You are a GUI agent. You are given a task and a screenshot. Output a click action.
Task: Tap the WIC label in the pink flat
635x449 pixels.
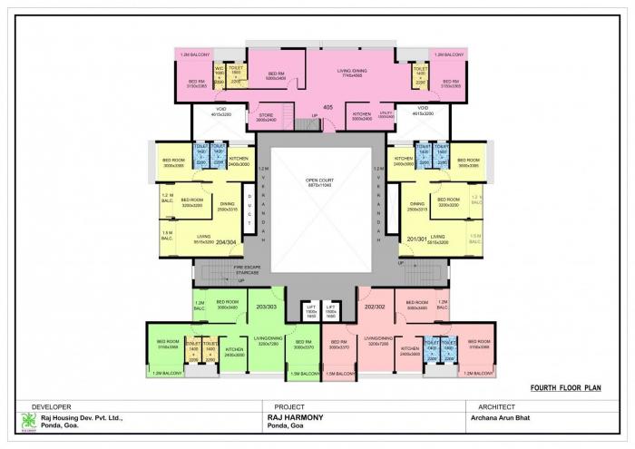[219, 69]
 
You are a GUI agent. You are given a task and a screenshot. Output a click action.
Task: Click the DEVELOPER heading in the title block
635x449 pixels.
[52, 406]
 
